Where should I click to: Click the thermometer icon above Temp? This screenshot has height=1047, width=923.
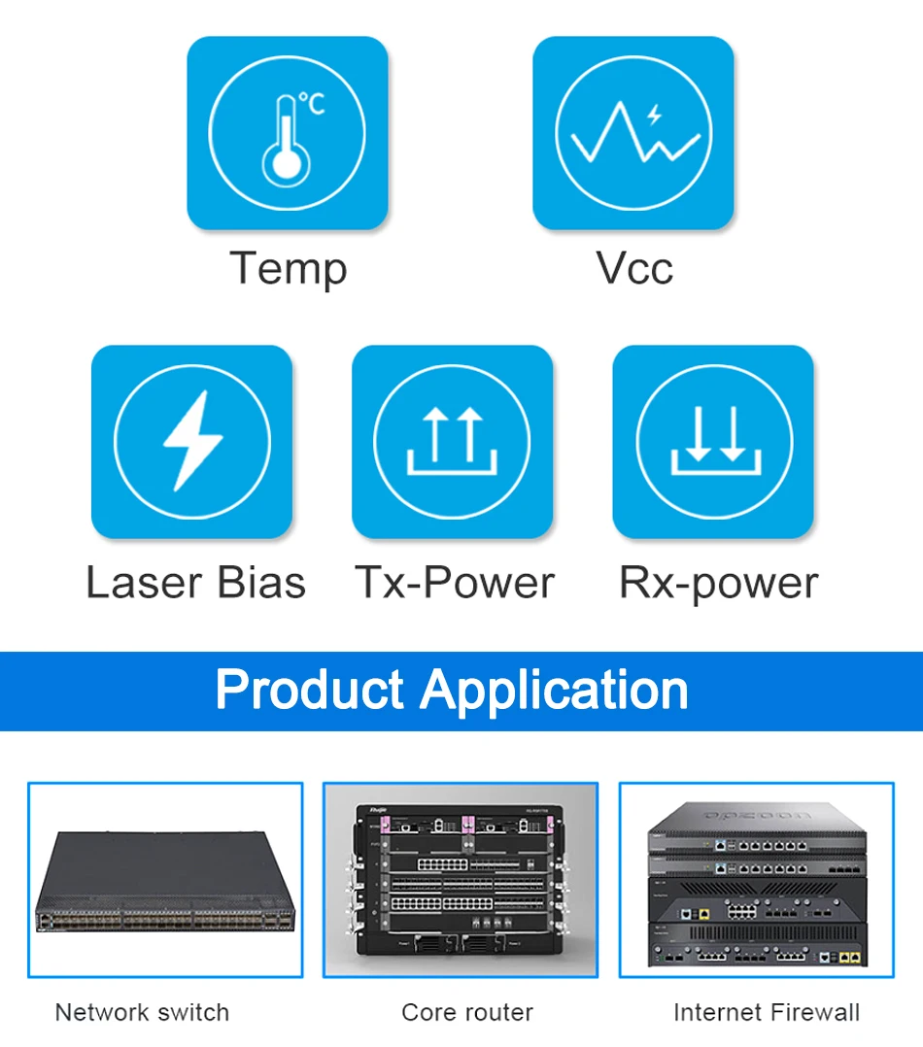click(286, 139)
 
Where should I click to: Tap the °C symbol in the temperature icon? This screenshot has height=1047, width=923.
click(311, 103)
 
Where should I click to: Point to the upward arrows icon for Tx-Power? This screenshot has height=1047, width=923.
click(453, 441)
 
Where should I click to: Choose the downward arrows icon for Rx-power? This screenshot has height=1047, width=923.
click(713, 441)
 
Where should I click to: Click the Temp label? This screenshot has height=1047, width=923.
click(288, 268)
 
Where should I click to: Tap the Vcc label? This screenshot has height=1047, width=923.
click(634, 268)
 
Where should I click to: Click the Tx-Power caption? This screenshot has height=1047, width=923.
click(454, 583)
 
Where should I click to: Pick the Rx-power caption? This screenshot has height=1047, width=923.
click(718, 584)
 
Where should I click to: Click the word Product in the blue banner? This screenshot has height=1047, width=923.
click(309, 690)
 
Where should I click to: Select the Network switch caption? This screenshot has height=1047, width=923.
click(142, 1012)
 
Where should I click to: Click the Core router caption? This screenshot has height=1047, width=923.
click(467, 1012)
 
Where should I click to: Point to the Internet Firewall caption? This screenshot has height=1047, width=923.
click(767, 1012)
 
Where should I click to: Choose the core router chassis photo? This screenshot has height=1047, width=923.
click(461, 880)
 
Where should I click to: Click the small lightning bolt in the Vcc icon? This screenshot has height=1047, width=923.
click(654, 114)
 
